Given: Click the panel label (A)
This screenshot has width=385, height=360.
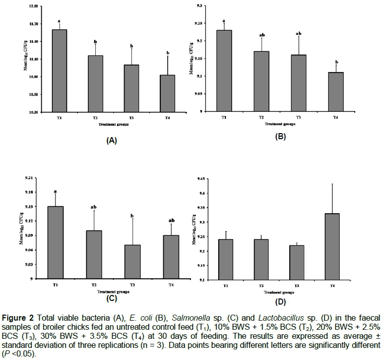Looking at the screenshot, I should pos(111,141).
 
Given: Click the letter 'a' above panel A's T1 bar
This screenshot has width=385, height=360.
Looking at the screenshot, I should pos(59,21).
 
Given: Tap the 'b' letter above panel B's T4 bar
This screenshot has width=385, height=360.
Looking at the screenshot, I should pos(336,62).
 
